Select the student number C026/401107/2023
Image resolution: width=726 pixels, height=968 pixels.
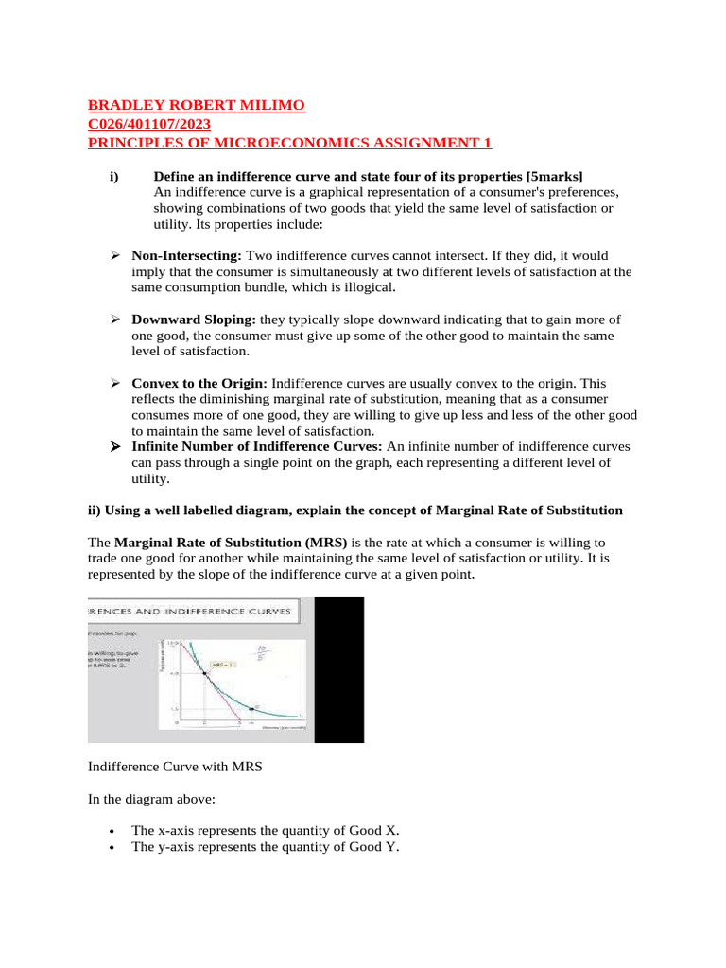[x=149, y=124]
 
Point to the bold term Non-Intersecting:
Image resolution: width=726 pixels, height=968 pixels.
[x=187, y=256]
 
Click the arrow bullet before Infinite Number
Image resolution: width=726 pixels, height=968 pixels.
[x=114, y=447]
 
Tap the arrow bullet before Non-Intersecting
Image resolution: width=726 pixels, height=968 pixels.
[x=114, y=256]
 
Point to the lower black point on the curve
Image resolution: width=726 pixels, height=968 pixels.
[x=251, y=708]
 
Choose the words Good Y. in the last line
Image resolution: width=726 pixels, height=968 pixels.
[x=376, y=847]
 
